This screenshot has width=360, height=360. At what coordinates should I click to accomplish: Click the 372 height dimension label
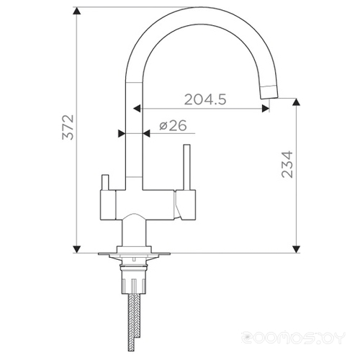click(x=68, y=127)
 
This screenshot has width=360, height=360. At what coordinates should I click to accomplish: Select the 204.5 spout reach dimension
click(x=205, y=99)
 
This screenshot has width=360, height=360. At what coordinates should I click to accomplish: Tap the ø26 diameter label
click(x=173, y=125)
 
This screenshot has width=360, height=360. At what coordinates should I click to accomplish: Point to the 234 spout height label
click(x=287, y=164)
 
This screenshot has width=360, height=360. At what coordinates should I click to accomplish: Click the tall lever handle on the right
click(x=187, y=167)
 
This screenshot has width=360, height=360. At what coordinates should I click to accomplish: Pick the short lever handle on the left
click(x=105, y=182)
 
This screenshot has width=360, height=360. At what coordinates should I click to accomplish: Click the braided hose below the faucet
click(x=131, y=322)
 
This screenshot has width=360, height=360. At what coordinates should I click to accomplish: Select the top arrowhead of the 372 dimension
click(x=76, y=11)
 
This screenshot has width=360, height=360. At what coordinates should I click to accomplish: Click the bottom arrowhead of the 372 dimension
click(x=76, y=249)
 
